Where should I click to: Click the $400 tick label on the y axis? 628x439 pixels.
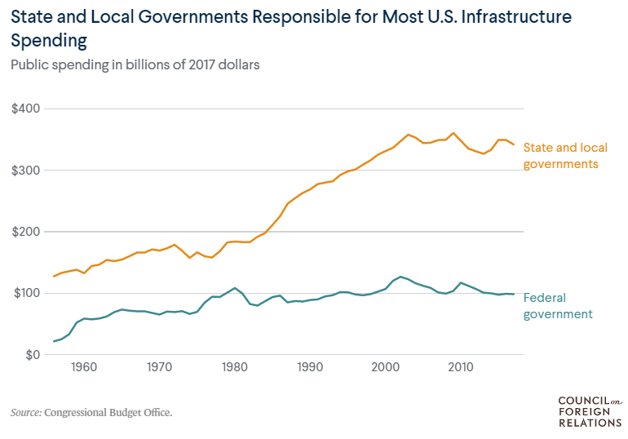[25, 109]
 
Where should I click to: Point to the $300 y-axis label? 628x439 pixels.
[25, 171]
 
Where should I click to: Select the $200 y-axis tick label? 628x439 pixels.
[25, 232]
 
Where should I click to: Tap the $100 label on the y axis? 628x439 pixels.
[25, 293]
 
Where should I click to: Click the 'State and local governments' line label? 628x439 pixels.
[560, 156]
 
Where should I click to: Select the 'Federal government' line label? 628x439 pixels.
[557, 305]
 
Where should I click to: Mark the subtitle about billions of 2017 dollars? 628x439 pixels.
[135, 65]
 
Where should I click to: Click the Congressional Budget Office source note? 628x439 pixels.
[91, 413]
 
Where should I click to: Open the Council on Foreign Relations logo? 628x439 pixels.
[589, 412]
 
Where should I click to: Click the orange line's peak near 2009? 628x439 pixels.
[453, 133]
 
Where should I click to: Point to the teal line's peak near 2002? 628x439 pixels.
[400, 277]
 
